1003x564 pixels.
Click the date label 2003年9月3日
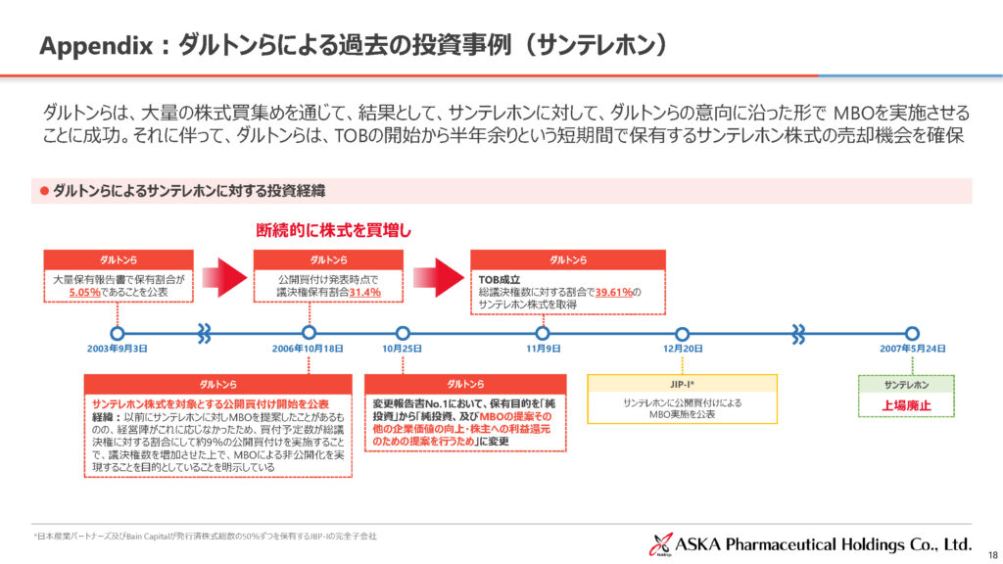117,349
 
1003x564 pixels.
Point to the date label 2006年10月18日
308,349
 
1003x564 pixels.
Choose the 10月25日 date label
402,349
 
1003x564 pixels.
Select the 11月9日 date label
543,349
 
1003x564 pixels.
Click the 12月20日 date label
683,349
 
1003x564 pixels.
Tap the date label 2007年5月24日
912,349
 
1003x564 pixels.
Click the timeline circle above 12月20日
683,333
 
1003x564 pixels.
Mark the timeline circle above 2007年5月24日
912,333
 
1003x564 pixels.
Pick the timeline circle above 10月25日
402,333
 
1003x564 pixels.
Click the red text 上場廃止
906,404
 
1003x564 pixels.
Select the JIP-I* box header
682,384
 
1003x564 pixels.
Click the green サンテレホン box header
906,384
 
